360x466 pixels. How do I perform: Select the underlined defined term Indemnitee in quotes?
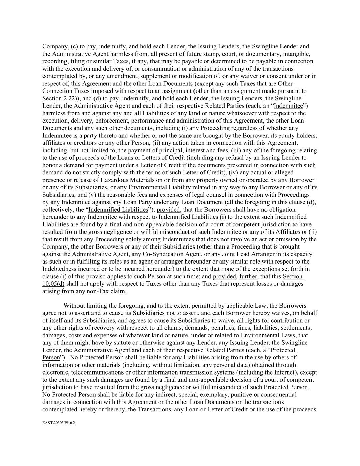tap(288, 106)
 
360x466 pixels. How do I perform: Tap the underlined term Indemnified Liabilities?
tap(118, 210)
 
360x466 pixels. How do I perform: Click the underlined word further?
tap(248, 276)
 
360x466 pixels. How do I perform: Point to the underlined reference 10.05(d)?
tap(53, 284)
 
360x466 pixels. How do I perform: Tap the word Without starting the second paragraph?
tap(75, 306)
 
